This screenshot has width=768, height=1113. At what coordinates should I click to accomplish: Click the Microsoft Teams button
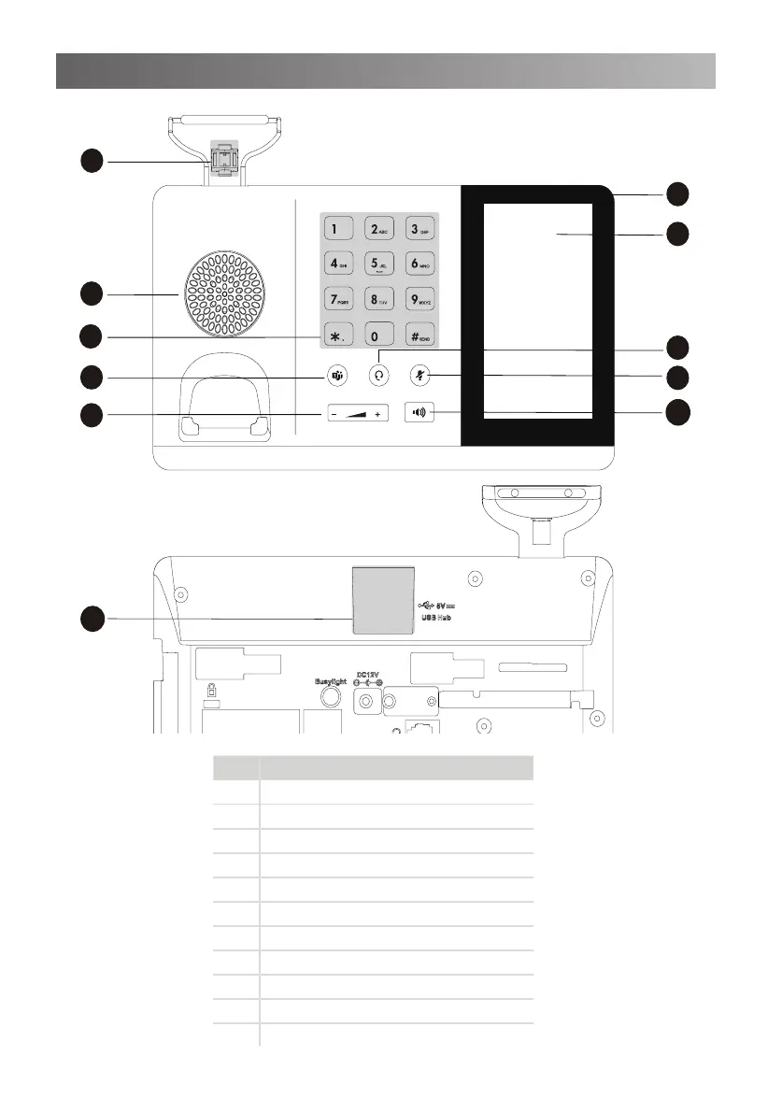point(336,376)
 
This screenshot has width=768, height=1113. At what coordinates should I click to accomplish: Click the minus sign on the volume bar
point(334,413)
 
